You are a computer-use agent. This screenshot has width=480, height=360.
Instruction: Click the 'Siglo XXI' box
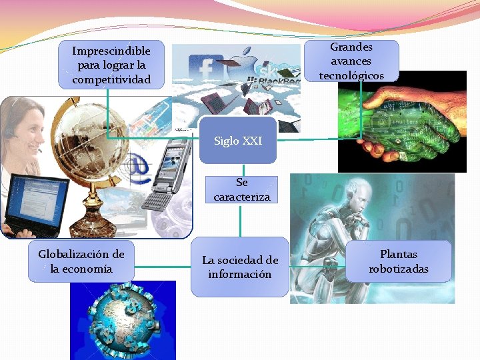[238, 141]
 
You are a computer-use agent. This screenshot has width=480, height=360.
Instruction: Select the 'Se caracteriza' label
[242, 189]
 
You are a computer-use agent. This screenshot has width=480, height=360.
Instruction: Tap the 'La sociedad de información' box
[240, 267]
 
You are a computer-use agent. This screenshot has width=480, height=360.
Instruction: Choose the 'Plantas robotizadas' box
[399, 261]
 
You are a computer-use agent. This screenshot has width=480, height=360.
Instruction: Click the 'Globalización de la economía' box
[81, 261]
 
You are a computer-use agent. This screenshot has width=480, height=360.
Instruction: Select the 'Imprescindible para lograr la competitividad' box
[111, 65]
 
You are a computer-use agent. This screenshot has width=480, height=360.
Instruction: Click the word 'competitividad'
[111, 80]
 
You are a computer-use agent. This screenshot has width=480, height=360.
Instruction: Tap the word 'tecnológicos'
[351, 76]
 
